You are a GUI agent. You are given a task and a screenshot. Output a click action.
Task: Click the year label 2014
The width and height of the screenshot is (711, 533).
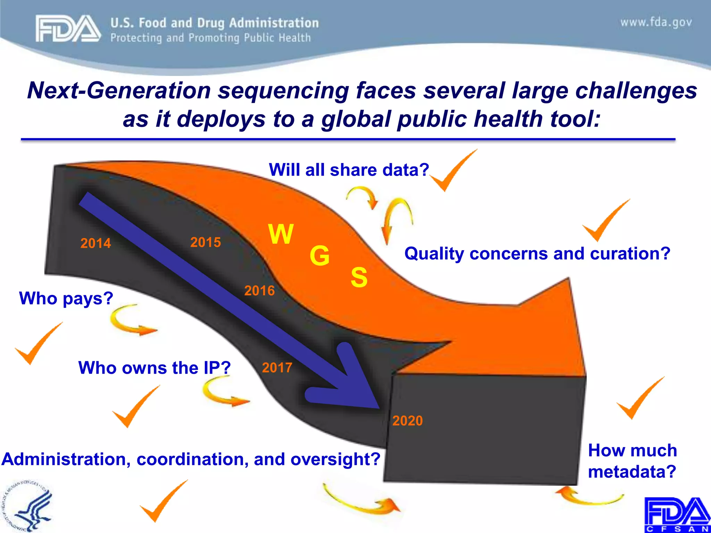(95, 243)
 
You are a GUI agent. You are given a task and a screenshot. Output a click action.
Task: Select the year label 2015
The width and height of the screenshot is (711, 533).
(206, 242)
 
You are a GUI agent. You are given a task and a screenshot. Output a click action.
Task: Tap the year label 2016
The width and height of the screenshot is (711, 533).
(259, 290)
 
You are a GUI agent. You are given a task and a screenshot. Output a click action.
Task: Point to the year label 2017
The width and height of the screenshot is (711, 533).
(277, 367)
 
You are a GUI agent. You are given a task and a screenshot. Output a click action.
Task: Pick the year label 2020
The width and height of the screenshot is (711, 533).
(408, 421)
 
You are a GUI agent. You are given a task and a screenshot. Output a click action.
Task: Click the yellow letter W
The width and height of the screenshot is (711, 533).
(281, 234)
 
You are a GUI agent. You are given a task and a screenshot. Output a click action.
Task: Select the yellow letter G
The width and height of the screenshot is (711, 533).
(319, 256)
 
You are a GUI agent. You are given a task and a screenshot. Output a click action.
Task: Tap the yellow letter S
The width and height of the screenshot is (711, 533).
(359, 277)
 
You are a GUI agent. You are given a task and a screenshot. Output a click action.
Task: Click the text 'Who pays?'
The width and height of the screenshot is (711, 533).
(66, 298)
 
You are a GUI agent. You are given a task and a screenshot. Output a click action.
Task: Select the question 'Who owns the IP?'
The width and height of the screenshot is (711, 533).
(154, 367)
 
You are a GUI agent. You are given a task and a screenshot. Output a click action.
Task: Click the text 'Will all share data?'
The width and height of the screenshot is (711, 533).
(349, 170)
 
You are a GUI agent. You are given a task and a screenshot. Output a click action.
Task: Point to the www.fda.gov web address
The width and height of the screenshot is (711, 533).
(656, 23)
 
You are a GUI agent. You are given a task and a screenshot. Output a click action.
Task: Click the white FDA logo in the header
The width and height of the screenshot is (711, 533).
(68, 29)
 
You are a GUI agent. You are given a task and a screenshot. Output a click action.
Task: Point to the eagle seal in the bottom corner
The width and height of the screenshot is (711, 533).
(28, 507)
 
